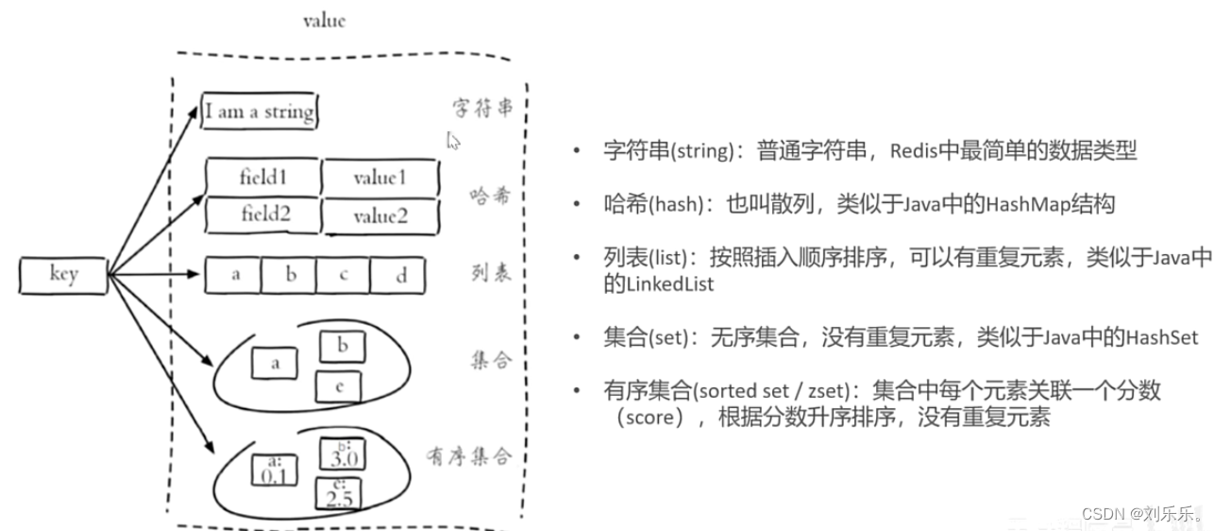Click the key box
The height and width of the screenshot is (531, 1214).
point(63,275)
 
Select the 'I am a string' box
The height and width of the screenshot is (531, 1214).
point(260,112)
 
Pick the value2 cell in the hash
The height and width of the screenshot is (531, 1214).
point(380,216)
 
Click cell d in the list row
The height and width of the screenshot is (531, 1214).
point(401,275)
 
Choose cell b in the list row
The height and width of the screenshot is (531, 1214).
point(290,275)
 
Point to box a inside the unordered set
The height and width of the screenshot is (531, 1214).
point(275,362)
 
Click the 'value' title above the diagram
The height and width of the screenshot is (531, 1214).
point(324,20)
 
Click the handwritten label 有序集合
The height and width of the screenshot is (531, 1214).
point(469,456)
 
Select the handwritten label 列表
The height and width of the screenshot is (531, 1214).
point(491,273)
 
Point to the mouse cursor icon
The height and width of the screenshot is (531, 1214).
point(453,141)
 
